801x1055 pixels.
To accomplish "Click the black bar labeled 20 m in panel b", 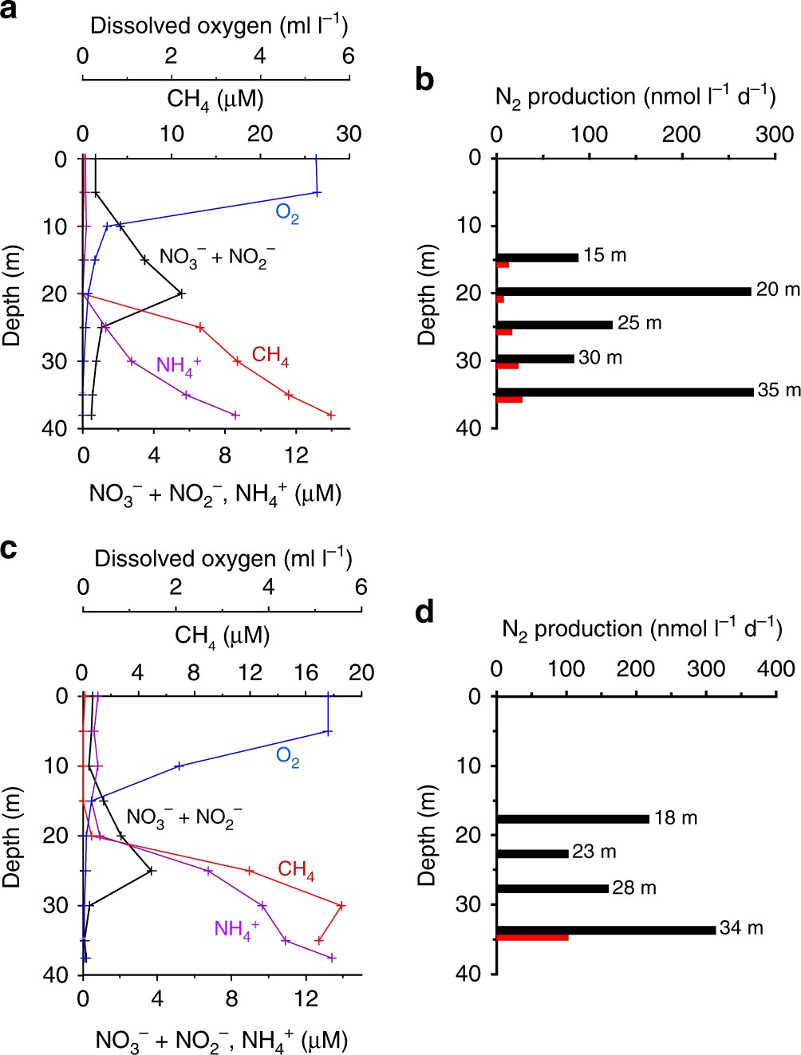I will pos(623,292).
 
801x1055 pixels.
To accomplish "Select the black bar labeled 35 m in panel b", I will pos(625,392).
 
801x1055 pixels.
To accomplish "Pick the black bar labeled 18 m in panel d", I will pos(572,819).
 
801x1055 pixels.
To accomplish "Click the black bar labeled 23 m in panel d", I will pos(532,853).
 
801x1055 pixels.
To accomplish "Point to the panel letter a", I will pos(10,11).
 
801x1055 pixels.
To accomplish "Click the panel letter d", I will pos(424,612).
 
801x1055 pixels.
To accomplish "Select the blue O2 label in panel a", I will pos(287,213).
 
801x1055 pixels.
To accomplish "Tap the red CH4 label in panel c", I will pos(296,869).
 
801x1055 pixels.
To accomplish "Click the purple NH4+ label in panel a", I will pos(178,366).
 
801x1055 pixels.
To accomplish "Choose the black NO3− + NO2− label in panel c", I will pos(184,817).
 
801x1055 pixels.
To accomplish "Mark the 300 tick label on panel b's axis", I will pos(775,134).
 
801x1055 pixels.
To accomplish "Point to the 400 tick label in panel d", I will pos(775,669).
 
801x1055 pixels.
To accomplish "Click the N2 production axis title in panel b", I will pos(635,97).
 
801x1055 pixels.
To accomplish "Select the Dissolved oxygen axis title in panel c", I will pos(223,558).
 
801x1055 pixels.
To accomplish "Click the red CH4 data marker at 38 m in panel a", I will pos(330,415).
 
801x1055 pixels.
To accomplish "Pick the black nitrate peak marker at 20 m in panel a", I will pos(181,293).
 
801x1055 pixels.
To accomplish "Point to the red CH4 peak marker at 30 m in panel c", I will pos(341,905).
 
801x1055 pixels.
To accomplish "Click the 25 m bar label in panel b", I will pos(639,323).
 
